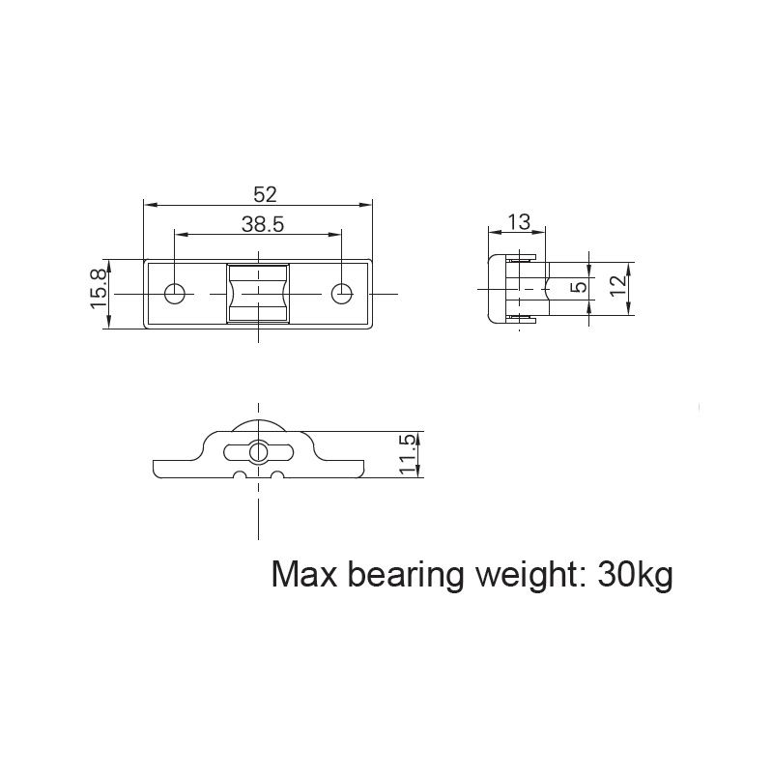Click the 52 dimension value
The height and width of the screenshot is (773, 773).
[259, 193]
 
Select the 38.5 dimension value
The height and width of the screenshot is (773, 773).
[262, 224]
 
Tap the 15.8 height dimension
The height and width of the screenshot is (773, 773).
[99, 290]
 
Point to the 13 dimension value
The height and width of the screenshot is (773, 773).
[519, 222]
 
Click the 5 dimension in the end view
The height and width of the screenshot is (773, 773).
[578, 288]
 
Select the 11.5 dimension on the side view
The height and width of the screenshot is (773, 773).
[407, 454]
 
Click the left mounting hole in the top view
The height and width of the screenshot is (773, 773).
[175, 293]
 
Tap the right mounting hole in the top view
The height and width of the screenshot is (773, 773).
[341, 293]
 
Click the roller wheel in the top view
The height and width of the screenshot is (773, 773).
[258, 293]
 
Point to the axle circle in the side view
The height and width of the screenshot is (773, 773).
[257, 450]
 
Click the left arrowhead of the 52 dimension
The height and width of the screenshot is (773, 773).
[148, 204]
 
